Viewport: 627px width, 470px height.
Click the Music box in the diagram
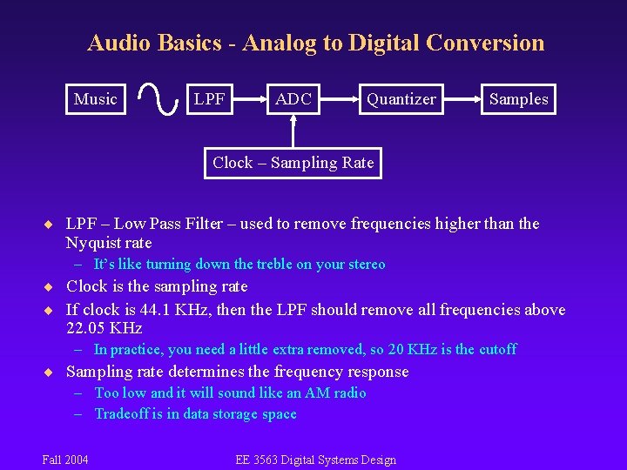tap(95, 99)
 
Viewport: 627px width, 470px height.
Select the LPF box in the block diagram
tap(209, 99)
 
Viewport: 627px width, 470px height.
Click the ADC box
tap(293, 99)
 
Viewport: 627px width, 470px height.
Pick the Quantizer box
tap(401, 99)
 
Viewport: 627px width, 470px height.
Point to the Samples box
tap(518, 99)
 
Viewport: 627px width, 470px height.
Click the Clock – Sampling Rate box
tap(293, 163)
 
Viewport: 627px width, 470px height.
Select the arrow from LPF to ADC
tap(248, 99)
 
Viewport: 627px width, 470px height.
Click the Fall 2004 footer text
tap(64, 460)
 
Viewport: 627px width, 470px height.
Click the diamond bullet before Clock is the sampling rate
tap(51, 287)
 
